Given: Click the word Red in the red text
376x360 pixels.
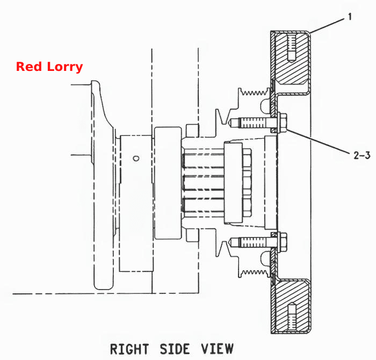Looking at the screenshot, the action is (x=30, y=67).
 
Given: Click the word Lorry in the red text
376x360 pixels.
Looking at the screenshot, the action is (x=65, y=67).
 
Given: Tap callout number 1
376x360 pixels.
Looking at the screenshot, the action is (x=350, y=17).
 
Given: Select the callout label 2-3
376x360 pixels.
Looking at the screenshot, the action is (x=362, y=155).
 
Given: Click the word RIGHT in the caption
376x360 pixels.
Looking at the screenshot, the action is (x=129, y=349).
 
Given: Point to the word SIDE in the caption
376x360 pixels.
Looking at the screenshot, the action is (x=175, y=349).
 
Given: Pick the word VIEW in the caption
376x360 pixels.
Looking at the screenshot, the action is (x=217, y=349).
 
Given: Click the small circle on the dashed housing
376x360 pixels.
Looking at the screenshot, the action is (x=136, y=159).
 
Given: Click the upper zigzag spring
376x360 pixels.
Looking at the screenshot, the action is (x=254, y=92).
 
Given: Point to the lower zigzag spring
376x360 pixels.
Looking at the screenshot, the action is (x=254, y=272).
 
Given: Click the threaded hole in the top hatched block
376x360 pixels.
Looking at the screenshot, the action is (x=291, y=49).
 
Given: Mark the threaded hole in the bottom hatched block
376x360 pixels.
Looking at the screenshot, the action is (x=292, y=316).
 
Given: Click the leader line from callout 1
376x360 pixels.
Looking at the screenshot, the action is (x=327, y=26).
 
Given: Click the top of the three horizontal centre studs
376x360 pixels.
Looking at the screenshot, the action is (x=204, y=158).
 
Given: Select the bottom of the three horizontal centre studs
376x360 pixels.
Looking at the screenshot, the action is (x=204, y=206).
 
